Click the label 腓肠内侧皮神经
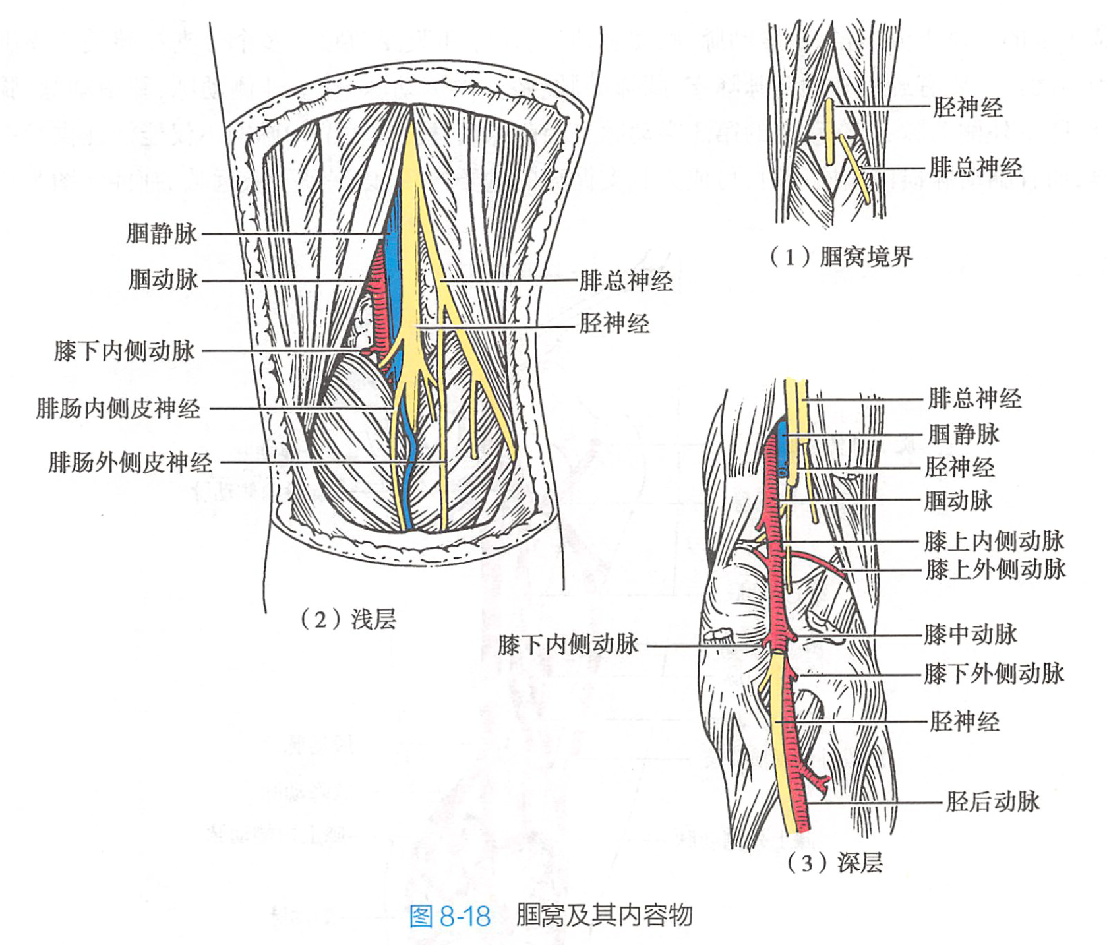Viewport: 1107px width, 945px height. coord(118,408)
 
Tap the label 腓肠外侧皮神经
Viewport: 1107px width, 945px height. coord(131,462)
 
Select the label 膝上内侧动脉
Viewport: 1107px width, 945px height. coord(994,541)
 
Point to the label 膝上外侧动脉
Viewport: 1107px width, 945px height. coord(995,569)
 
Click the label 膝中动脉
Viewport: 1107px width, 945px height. coord(970,634)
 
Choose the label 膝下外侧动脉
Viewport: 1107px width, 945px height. coord(994,674)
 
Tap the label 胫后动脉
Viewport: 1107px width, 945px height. coord(992,802)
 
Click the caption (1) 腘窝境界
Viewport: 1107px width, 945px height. coord(841,256)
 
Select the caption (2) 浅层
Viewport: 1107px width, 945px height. coord(348,619)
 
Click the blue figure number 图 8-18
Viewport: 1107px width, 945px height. coord(450,916)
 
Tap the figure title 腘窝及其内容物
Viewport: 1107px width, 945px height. coord(604,915)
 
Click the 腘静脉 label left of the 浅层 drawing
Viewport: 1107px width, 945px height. coord(162,233)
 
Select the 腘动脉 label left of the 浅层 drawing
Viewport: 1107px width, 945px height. coord(163,280)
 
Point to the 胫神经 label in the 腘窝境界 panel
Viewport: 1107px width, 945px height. coord(967,107)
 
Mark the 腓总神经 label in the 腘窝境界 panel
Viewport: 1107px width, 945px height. coord(975,168)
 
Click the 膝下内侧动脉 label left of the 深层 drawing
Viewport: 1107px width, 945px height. coord(568,645)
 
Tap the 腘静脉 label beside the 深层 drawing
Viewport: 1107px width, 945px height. coord(963,435)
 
